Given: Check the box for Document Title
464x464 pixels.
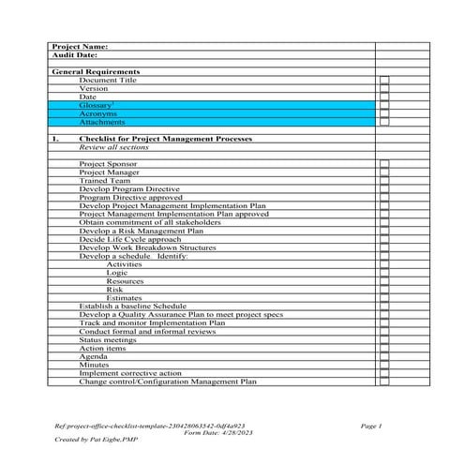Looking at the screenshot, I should (383, 81).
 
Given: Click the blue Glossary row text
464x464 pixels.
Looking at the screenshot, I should (97, 105).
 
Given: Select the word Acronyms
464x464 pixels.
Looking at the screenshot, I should (98, 113).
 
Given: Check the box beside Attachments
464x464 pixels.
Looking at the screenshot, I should (383, 122).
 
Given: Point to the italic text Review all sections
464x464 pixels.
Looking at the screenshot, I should (113, 147).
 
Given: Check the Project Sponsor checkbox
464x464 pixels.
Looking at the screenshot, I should (383, 164).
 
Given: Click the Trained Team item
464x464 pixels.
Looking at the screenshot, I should (105, 181).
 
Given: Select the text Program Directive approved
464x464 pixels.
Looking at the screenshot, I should (130, 198).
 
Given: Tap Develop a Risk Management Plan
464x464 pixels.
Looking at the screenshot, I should (141, 231).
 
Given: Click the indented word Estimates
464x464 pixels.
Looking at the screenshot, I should (125, 298).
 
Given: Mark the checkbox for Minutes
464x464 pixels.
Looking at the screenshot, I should (383, 365).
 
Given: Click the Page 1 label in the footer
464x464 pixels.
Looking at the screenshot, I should (372, 427).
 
